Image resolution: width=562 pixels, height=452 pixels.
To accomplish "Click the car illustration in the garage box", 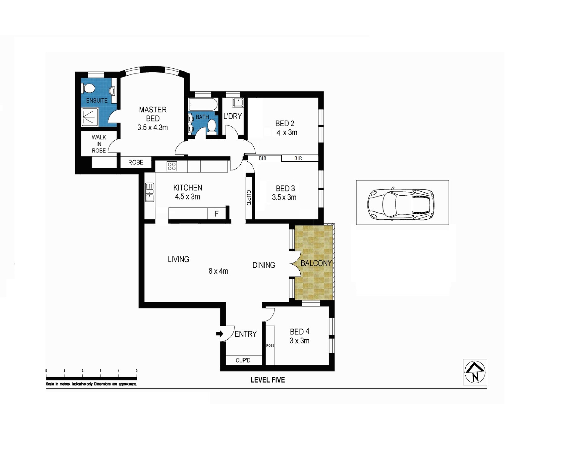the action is [401, 204].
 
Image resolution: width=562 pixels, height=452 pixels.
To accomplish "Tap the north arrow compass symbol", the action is [475, 372].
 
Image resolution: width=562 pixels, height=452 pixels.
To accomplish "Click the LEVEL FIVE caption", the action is [268, 380].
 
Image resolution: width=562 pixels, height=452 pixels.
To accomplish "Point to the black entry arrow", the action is [219, 334].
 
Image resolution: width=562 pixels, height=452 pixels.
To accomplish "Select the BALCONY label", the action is [316, 263].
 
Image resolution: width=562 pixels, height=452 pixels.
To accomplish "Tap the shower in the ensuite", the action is [90, 117].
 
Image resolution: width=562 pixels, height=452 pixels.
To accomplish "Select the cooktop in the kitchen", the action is [172, 166].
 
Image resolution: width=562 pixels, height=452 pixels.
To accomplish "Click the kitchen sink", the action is [150, 192].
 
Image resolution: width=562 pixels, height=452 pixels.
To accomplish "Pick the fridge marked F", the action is [217, 214].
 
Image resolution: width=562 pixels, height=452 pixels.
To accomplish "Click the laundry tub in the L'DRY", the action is [238, 102].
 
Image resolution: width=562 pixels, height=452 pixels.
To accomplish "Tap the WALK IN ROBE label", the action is [99, 144].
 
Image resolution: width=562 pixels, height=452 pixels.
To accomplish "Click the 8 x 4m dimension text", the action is [218, 271].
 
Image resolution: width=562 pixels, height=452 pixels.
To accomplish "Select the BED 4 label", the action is [300, 331].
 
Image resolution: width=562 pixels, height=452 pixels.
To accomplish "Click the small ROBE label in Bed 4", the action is [270, 346].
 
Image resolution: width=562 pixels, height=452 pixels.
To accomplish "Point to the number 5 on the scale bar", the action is [136, 371].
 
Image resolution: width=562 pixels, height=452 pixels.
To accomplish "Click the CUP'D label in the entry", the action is [243, 360].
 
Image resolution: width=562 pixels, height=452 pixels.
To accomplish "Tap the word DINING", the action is [264, 265].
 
